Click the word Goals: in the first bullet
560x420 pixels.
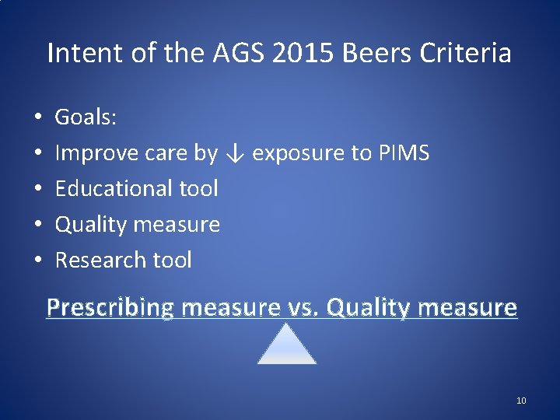(86, 117)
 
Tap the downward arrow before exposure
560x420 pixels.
(236, 154)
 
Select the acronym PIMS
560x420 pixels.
(404, 153)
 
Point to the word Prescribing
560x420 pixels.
(110, 308)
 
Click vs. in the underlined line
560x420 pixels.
(303, 308)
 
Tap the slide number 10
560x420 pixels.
(521, 401)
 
